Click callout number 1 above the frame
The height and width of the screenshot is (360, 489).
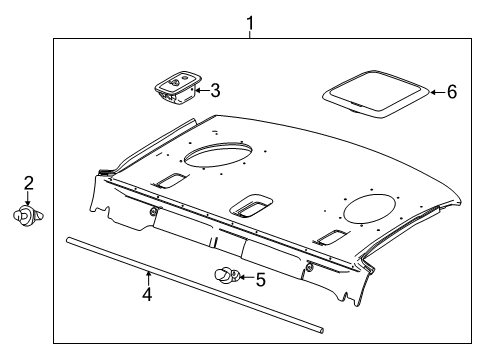250,23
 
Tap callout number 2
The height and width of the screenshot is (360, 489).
28,183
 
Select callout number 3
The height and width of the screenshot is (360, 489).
215,91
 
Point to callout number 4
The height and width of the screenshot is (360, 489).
147,294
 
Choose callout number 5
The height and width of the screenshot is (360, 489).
260,279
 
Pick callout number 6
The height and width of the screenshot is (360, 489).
452,92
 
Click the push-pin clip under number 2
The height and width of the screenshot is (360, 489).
28,216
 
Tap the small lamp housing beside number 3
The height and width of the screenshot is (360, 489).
178,87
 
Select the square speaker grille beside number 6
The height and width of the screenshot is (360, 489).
376,94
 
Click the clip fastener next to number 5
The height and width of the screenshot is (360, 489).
227,275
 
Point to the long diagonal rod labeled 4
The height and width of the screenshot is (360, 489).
195,285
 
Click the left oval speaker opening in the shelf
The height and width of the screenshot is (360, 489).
218,155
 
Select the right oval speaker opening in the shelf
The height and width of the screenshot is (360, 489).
370,208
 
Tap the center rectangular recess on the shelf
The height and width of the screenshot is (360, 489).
251,206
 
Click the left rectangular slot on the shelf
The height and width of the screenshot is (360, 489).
169,180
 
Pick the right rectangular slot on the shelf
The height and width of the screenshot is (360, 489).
332,237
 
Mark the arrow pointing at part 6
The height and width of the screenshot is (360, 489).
437,92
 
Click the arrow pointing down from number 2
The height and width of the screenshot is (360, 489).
28,199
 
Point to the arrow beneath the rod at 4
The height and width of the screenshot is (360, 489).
148,279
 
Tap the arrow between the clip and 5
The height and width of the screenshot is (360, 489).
246,277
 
